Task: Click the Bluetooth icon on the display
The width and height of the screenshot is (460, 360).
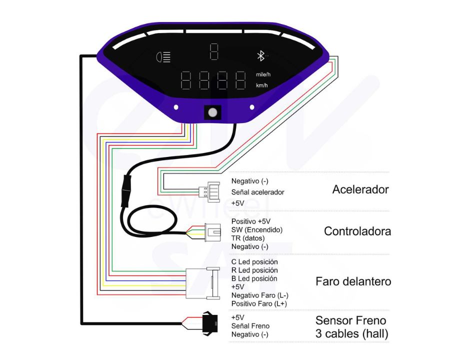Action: pyautogui.click(x=260, y=55)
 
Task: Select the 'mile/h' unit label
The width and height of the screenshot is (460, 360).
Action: pyautogui.click(x=263, y=74)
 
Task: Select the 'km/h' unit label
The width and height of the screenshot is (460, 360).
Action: pyautogui.click(x=262, y=85)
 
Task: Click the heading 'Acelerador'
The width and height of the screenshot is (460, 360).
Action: pyautogui.click(x=360, y=190)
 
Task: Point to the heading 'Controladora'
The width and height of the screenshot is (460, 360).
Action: pyautogui.click(x=357, y=231)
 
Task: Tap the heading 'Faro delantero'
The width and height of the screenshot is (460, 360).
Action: pyautogui.click(x=353, y=281)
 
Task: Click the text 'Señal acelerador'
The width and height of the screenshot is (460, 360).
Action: pyautogui.click(x=257, y=192)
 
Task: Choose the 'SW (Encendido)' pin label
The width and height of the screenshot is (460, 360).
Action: pyautogui.click(x=256, y=229)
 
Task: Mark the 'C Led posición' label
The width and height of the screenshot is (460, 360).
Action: pyautogui.click(x=254, y=261)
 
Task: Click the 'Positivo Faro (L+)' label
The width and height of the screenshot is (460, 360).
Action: pyautogui.click(x=259, y=303)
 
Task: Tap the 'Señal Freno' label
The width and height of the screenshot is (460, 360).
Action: pyautogui.click(x=250, y=326)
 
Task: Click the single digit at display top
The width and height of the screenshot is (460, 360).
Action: pyautogui.click(x=214, y=50)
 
